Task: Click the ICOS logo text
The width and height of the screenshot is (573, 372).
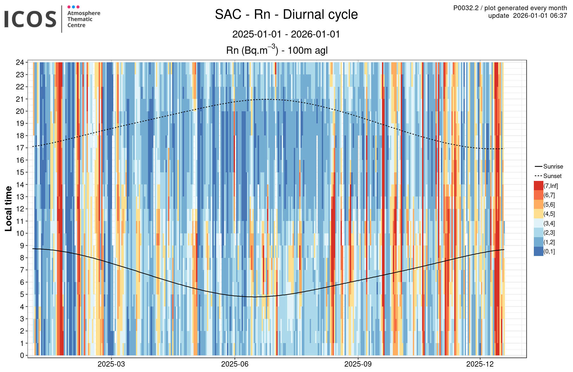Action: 30,19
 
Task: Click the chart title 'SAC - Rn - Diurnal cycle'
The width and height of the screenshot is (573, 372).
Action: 286,15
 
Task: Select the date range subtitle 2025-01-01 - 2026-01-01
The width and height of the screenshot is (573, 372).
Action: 286,34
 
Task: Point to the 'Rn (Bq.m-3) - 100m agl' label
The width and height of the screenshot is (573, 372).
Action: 277,51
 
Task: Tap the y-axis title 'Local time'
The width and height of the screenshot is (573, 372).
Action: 9,209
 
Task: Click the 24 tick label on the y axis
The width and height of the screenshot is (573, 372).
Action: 20,62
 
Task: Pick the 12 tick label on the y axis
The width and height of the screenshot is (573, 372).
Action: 20,209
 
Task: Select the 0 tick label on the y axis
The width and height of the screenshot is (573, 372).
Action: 22,355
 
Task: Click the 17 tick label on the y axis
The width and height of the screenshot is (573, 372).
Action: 20,148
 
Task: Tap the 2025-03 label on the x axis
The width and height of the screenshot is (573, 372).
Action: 111,364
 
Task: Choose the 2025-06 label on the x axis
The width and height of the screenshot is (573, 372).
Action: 235,364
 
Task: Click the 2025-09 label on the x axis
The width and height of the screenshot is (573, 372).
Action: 358,364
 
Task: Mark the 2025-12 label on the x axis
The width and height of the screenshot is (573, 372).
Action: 480,364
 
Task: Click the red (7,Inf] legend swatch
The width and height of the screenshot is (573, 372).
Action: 538,186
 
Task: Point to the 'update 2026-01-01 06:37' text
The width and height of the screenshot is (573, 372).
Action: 527,16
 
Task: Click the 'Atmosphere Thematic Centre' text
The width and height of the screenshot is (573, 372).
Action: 83,19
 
